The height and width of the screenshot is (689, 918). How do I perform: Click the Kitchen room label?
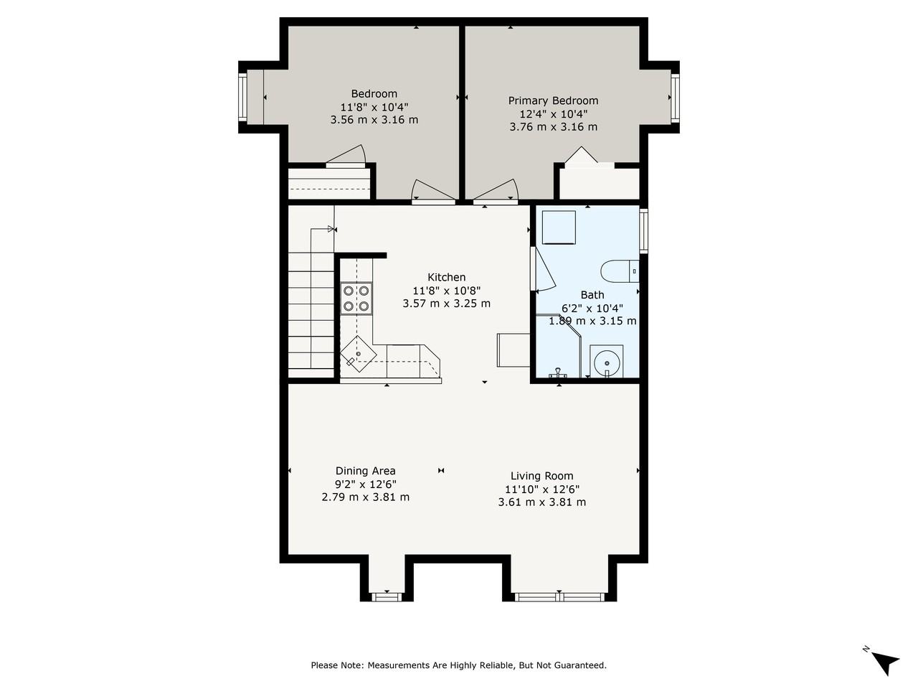tap(446, 277)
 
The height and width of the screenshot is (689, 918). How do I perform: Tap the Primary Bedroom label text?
tap(553, 100)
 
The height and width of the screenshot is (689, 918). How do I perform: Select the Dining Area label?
tap(365, 471)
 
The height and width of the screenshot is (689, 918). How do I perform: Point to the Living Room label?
tap(541, 476)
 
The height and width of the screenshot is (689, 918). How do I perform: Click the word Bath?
tap(592, 295)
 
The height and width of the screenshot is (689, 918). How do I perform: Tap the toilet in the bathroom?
tap(620, 271)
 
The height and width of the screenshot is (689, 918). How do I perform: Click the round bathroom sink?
tap(607, 362)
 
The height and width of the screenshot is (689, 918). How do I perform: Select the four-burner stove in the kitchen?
tap(356, 298)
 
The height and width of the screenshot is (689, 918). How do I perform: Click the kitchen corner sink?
tap(359, 354)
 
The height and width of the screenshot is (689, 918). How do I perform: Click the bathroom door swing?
tap(543, 269)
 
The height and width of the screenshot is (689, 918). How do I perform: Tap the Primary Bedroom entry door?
tap(496, 192)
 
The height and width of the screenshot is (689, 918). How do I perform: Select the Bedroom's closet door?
tap(346, 156)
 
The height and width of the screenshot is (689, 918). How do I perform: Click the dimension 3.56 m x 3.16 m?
tap(374, 120)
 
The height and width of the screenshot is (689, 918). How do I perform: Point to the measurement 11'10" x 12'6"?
tap(541, 489)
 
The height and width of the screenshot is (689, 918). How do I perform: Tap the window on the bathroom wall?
tap(643, 231)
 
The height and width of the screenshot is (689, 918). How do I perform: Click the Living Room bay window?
tap(559, 596)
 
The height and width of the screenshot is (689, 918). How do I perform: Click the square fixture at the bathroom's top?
tap(559, 228)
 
